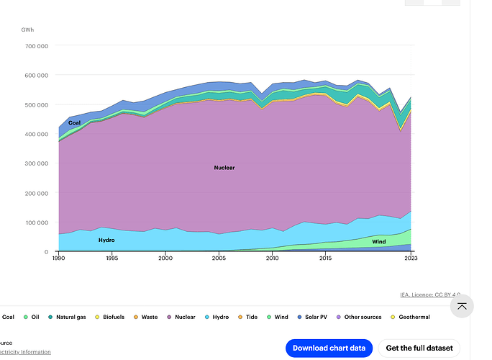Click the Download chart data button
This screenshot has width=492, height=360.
[x=329, y=348]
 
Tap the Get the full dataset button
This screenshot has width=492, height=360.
[x=419, y=348]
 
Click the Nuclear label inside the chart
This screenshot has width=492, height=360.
[x=224, y=168]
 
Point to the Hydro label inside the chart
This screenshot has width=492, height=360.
[x=106, y=240]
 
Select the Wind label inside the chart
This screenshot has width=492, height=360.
[x=379, y=242]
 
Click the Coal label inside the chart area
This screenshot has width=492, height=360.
[x=75, y=123]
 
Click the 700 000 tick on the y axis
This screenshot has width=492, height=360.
[x=35, y=45]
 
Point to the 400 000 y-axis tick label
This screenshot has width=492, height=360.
[x=35, y=134]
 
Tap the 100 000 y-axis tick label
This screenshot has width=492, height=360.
[x=35, y=222]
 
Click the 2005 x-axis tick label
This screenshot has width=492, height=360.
[x=219, y=258]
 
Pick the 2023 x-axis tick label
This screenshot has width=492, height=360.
[x=411, y=258]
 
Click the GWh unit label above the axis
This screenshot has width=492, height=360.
[x=27, y=30]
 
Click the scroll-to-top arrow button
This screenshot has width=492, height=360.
[x=462, y=307]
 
